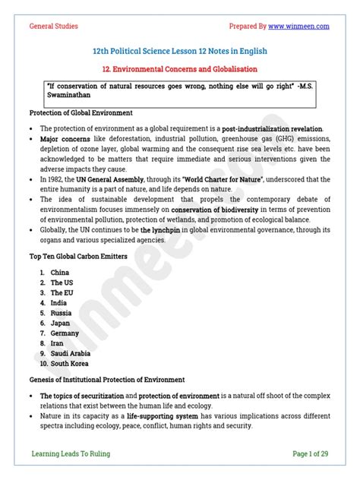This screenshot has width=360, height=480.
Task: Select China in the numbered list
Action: pyautogui.click(x=61, y=272)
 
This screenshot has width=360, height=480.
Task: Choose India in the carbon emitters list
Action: pyautogui.click(x=59, y=302)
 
